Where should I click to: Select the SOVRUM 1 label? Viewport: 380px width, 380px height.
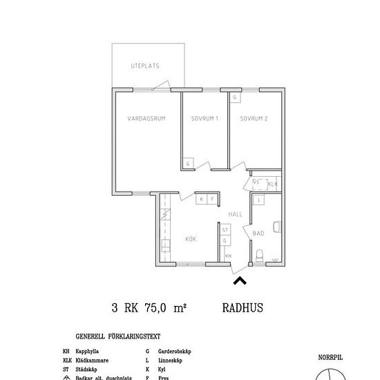pos(205,119)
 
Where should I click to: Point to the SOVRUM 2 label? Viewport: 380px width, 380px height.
pos(254,119)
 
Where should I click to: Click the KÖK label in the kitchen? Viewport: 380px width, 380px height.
pos(191,239)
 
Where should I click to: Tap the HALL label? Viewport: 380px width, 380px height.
pos(235,214)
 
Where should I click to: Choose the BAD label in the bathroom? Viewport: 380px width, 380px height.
pos(258,234)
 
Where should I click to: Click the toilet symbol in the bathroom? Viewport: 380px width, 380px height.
pos(259,256)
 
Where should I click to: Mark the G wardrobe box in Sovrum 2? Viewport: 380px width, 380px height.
pos(236,98)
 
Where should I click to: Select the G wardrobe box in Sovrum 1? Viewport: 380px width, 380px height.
pos(187,164)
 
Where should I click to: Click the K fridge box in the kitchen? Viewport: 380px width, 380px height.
pos(201,199)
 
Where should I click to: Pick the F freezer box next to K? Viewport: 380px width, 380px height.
pos(212,199)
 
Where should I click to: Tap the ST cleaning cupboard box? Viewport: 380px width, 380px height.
pos(225,229)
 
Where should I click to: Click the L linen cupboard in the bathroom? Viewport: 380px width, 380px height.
pos(257,200)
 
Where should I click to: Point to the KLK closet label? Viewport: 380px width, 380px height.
pos(272,184)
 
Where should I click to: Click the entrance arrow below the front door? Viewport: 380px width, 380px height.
pos(240,280)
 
